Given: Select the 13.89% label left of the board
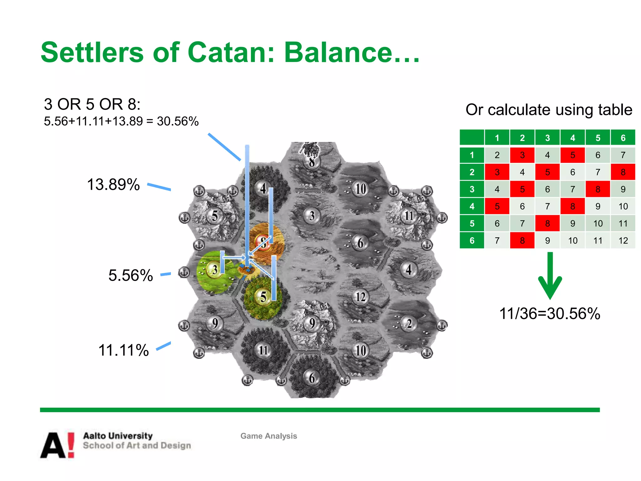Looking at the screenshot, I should (x=113, y=184).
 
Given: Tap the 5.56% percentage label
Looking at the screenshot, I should (x=131, y=276).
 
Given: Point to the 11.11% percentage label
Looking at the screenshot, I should (x=124, y=350).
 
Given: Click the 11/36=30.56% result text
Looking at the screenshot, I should (x=550, y=313).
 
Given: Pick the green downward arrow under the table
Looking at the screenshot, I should (x=550, y=276).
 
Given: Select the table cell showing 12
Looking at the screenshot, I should (x=623, y=240).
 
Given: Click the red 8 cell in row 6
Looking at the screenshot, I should (x=522, y=240).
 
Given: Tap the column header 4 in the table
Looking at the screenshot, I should (x=572, y=138).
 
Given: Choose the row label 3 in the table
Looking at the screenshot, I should (x=472, y=189).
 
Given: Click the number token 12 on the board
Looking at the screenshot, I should (x=360, y=297).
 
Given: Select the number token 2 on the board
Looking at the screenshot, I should (x=409, y=323).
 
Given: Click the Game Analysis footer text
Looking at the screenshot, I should (x=269, y=436).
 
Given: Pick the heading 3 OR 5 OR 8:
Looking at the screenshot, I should (x=92, y=104).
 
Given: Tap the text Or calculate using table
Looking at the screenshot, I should (x=549, y=110).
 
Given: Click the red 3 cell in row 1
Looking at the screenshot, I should (x=522, y=155).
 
